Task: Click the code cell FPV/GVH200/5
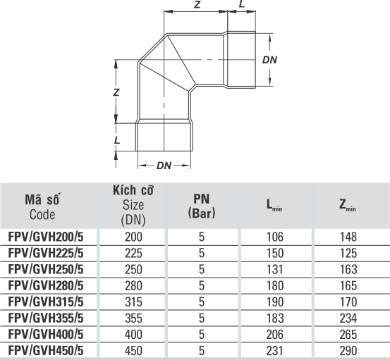(x=46, y=237)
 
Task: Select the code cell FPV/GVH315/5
(x=46, y=302)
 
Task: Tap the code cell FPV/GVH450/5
(x=46, y=350)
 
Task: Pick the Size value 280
(x=133, y=285)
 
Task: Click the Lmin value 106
(x=275, y=237)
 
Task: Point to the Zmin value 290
(x=348, y=350)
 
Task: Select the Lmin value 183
(x=275, y=318)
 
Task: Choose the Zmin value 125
(x=348, y=253)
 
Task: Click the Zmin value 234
(x=348, y=318)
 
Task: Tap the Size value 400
(x=133, y=334)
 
